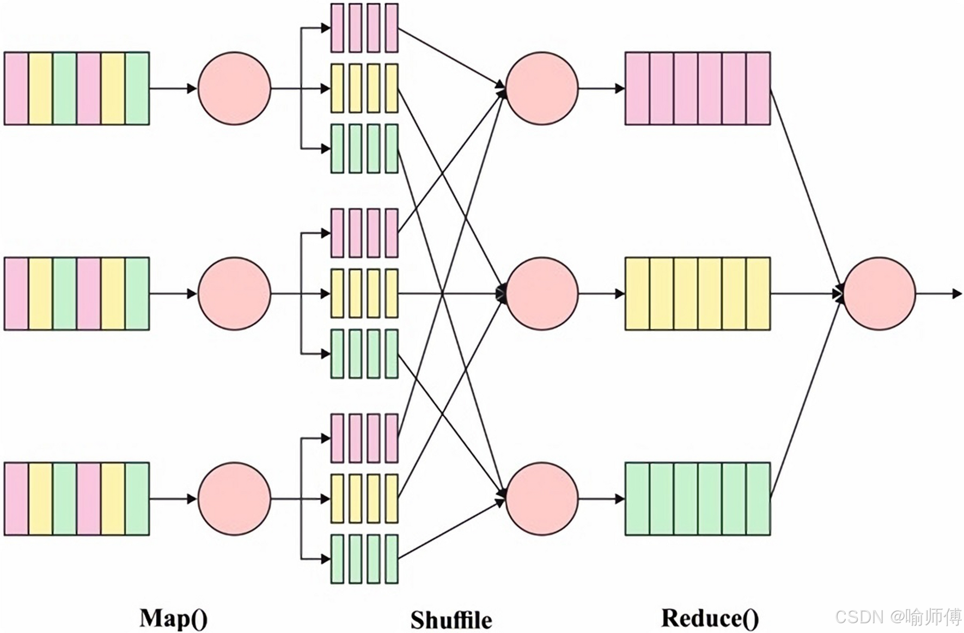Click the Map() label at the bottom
click(x=173, y=619)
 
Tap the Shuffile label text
click(x=451, y=620)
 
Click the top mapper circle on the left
click(x=234, y=88)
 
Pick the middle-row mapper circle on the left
click(x=234, y=294)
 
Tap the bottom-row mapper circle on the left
click(x=234, y=498)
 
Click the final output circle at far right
click(x=879, y=294)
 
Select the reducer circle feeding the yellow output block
click(x=542, y=294)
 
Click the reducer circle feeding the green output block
click(x=542, y=498)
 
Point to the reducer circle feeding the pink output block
click(x=542, y=88)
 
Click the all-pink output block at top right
click(x=697, y=88)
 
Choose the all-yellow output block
click(x=697, y=294)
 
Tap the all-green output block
click(x=697, y=498)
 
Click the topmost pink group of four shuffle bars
click(x=364, y=28)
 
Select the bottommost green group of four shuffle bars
click(x=364, y=559)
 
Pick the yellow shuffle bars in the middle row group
click(x=364, y=294)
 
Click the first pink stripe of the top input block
click(x=16, y=88)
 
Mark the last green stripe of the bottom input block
click(x=137, y=498)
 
